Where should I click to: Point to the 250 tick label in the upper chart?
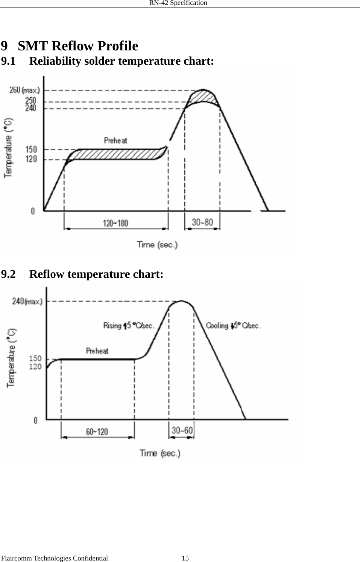(x=31, y=101)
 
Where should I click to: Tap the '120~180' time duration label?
(x=115, y=223)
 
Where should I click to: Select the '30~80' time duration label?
(x=202, y=222)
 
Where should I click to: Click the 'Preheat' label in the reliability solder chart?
(x=115, y=141)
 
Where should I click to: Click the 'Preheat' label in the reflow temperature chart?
(x=97, y=351)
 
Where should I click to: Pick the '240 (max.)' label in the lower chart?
(x=27, y=301)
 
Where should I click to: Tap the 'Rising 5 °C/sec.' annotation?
(x=129, y=326)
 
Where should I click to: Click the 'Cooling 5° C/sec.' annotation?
(x=233, y=326)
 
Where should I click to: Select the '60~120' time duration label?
(x=97, y=432)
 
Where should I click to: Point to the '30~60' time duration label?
(x=182, y=430)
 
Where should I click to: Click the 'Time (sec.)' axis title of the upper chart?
(x=157, y=245)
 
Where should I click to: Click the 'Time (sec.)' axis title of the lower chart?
(x=160, y=453)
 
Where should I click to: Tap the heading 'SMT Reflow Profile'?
(x=78, y=46)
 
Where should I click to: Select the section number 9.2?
(x=9, y=274)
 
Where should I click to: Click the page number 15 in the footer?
(x=185, y=558)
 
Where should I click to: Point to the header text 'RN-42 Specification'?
(x=178, y=3)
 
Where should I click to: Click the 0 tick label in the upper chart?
(x=33, y=211)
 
